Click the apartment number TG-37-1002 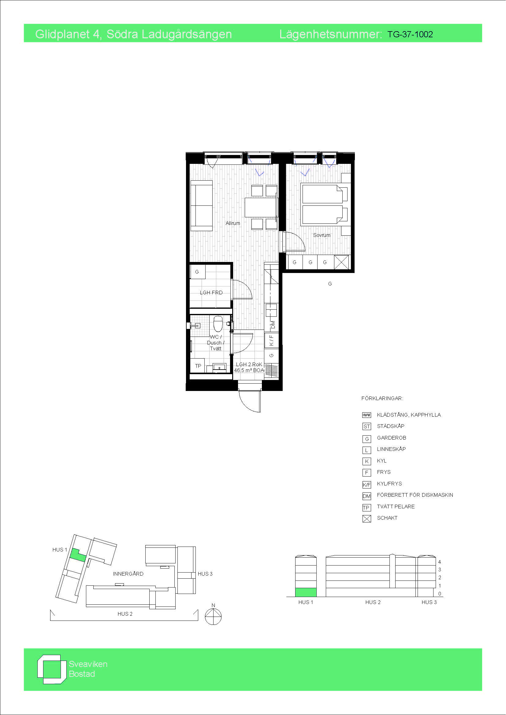coord(410,34)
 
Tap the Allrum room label coord(233,223)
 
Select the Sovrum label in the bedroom coord(322,235)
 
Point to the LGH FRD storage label coord(211,293)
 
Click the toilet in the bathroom coord(218,323)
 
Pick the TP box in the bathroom coord(198,366)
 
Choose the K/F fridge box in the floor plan coord(271,340)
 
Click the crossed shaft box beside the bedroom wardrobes coord(341,262)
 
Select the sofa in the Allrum coord(202,205)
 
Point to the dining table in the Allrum coord(260,207)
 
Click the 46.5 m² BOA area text coord(249,370)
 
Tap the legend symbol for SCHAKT coord(367,519)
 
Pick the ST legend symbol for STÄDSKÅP coord(367,427)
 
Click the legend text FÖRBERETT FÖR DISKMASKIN coord(415,495)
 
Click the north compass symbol coord(213,616)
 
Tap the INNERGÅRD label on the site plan coord(128,573)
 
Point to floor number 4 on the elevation coord(440,562)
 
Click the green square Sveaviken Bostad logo coord(52,669)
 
